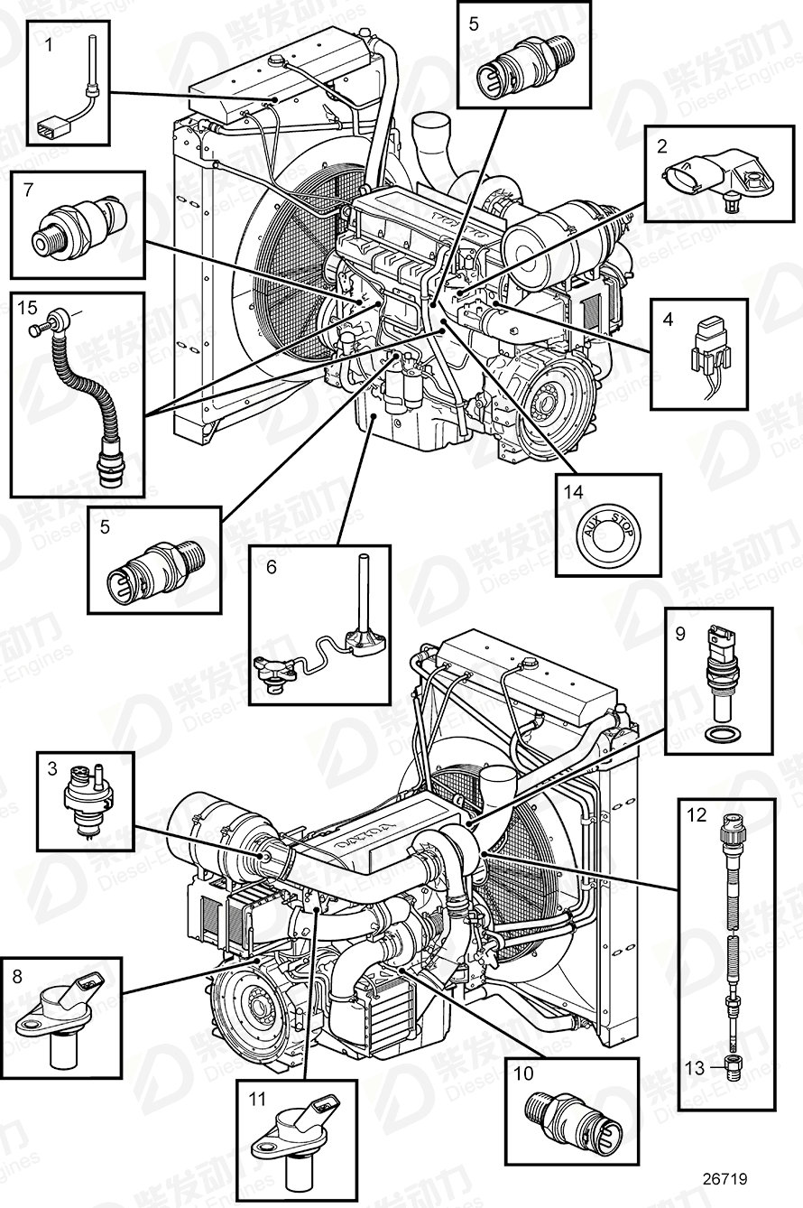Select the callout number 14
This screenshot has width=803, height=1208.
pyautogui.click(x=575, y=493)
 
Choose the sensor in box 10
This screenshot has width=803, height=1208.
pyautogui.click(x=571, y=1110)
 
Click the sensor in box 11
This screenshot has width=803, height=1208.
pyautogui.click(x=299, y=1129)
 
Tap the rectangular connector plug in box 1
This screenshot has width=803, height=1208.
pyautogui.click(x=49, y=130)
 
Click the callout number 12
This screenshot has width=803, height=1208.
pyautogui.click(x=696, y=816)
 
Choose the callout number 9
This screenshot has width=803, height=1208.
pyautogui.click(x=680, y=634)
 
